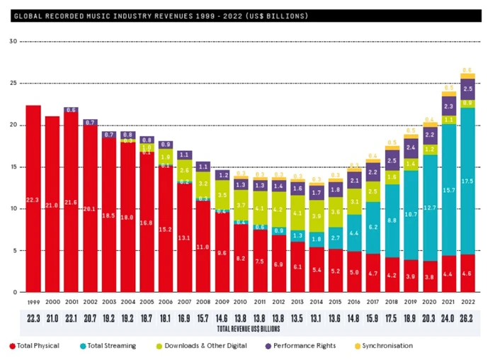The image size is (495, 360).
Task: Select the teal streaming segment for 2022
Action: click(x=467, y=181)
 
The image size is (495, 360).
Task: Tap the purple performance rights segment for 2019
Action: click(x=411, y=148)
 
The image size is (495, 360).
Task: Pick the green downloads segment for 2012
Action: click(x=278, y=208)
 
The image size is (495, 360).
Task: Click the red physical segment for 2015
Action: click(x=336, y=271)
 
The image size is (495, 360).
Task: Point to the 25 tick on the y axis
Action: click(x=13, y=83)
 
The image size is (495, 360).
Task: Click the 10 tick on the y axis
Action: click(x=13, y=208)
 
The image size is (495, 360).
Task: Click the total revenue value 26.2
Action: click(x=467, y=319)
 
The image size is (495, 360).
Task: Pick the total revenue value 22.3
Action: click(x=33, y=319)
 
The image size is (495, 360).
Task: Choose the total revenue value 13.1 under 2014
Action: click(x=317, y=319)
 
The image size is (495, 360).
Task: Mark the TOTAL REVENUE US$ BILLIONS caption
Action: click(x=249, y=330)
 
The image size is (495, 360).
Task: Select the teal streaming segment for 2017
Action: click(x=372, y=227)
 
